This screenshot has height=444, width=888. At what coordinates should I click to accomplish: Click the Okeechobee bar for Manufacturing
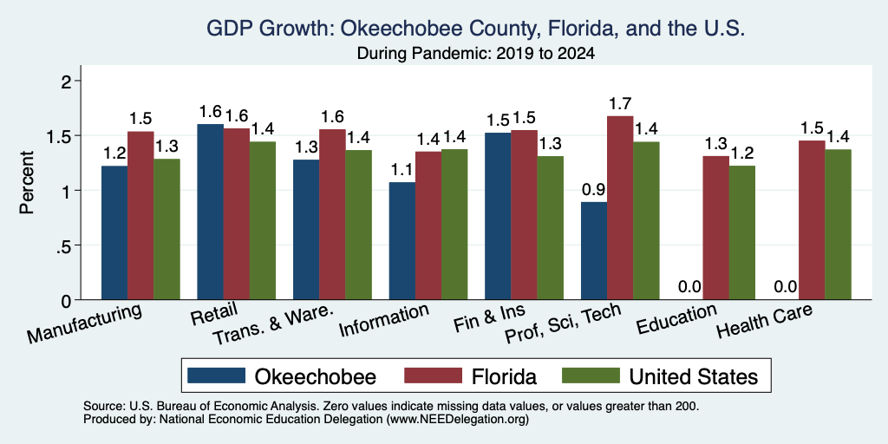(x=114, y=232)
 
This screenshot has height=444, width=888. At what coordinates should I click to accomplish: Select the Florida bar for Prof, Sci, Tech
(x=620, y=208)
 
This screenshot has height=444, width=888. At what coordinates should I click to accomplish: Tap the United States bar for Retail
(x=263, y=220)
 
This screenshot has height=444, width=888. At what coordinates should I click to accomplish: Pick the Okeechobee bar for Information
(x=402, y=241)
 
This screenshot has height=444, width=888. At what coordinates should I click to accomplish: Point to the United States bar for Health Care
(x=839, y=225)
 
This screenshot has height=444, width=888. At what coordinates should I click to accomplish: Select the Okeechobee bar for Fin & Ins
(x=499, y=216)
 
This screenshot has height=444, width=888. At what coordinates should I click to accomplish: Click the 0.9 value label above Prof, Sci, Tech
(x=593, y=190)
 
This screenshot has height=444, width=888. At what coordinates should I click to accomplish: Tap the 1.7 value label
(x=620, y=104)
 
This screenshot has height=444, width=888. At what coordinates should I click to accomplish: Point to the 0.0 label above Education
(x=689, y=287)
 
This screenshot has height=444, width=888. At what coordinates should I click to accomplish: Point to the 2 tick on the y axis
(x=69, y=81)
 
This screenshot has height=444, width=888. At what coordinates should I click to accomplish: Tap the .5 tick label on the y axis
(x=66, y=245)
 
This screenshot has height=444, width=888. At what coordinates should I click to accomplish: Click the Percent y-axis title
(x=27, y=182)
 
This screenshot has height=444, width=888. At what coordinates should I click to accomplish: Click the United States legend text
(x=693, y=376)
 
